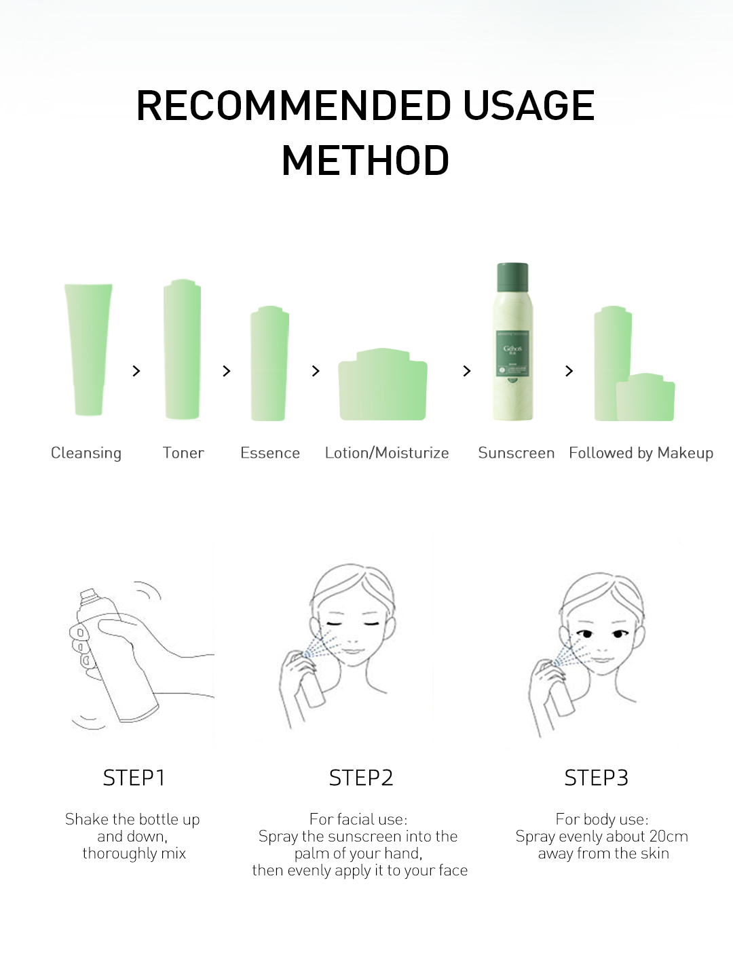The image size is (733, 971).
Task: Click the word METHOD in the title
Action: (366, 160)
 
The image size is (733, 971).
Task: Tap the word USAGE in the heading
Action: (529, 105)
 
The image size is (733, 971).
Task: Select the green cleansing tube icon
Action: (88, 349)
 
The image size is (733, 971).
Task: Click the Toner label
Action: (183, 452)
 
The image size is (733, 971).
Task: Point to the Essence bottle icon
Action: (269, 363)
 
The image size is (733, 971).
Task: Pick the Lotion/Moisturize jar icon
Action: (383, 384)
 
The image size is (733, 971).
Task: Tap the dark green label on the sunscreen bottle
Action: (512, 353)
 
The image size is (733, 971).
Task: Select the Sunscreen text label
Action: (516, 452)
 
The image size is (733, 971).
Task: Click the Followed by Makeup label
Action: (641, 453)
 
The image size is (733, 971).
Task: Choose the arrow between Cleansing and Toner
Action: (136, 371)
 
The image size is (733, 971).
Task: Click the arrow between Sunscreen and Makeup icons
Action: (569, 371)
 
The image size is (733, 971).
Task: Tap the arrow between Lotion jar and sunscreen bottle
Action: (466, 371)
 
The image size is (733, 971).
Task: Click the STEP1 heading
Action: (134, 778)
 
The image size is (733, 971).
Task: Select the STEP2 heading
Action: (361, 778)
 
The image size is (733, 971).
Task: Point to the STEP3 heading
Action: (596, 778)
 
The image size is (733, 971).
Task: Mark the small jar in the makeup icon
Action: (645, 397)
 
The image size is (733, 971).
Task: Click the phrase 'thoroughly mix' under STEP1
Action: (134, 854)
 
